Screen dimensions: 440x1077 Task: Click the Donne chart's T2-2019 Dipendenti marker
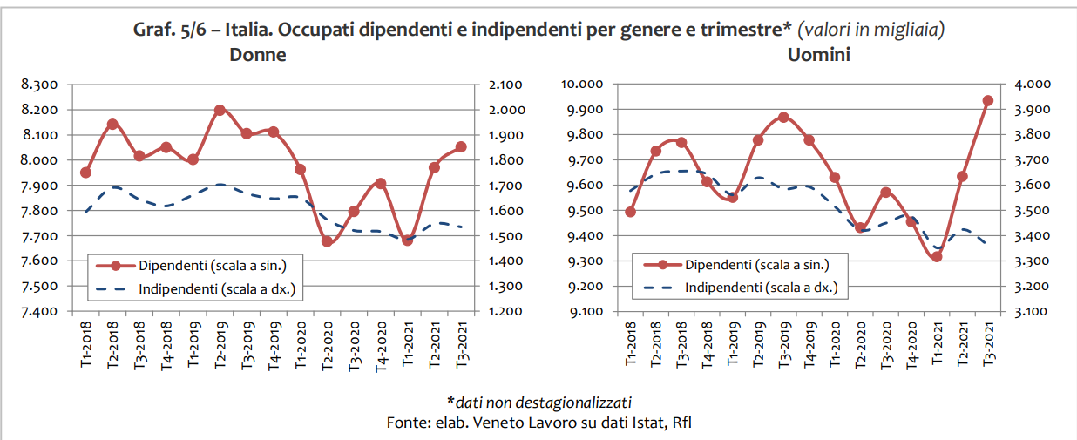(220, 111)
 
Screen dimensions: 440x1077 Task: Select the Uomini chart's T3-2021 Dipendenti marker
(987, 101)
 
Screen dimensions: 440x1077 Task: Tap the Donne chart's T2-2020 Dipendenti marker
(327, 241)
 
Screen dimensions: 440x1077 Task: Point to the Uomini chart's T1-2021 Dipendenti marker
(937, 256)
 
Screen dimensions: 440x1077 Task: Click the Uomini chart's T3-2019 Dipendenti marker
(783, 117)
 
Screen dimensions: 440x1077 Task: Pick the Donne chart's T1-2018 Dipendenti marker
(85, 173)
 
